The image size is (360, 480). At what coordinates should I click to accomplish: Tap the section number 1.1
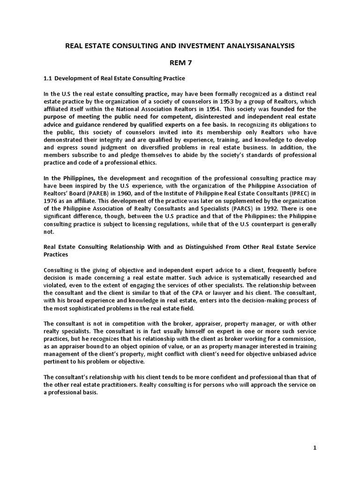[48, 77]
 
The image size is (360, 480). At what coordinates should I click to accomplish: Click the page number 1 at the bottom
[315, 448]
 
